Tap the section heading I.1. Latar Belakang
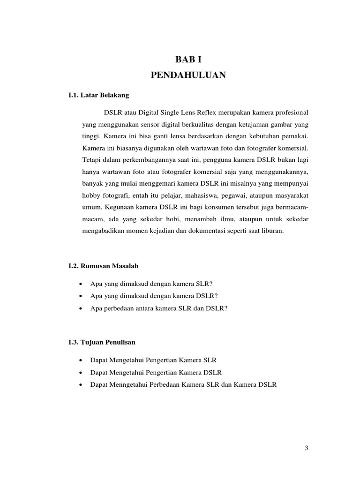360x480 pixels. click(98, 95)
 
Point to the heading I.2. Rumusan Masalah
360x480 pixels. click(104, 266)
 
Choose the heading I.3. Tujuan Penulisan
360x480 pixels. click(102, 342)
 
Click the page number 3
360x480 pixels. click(306, 448)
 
